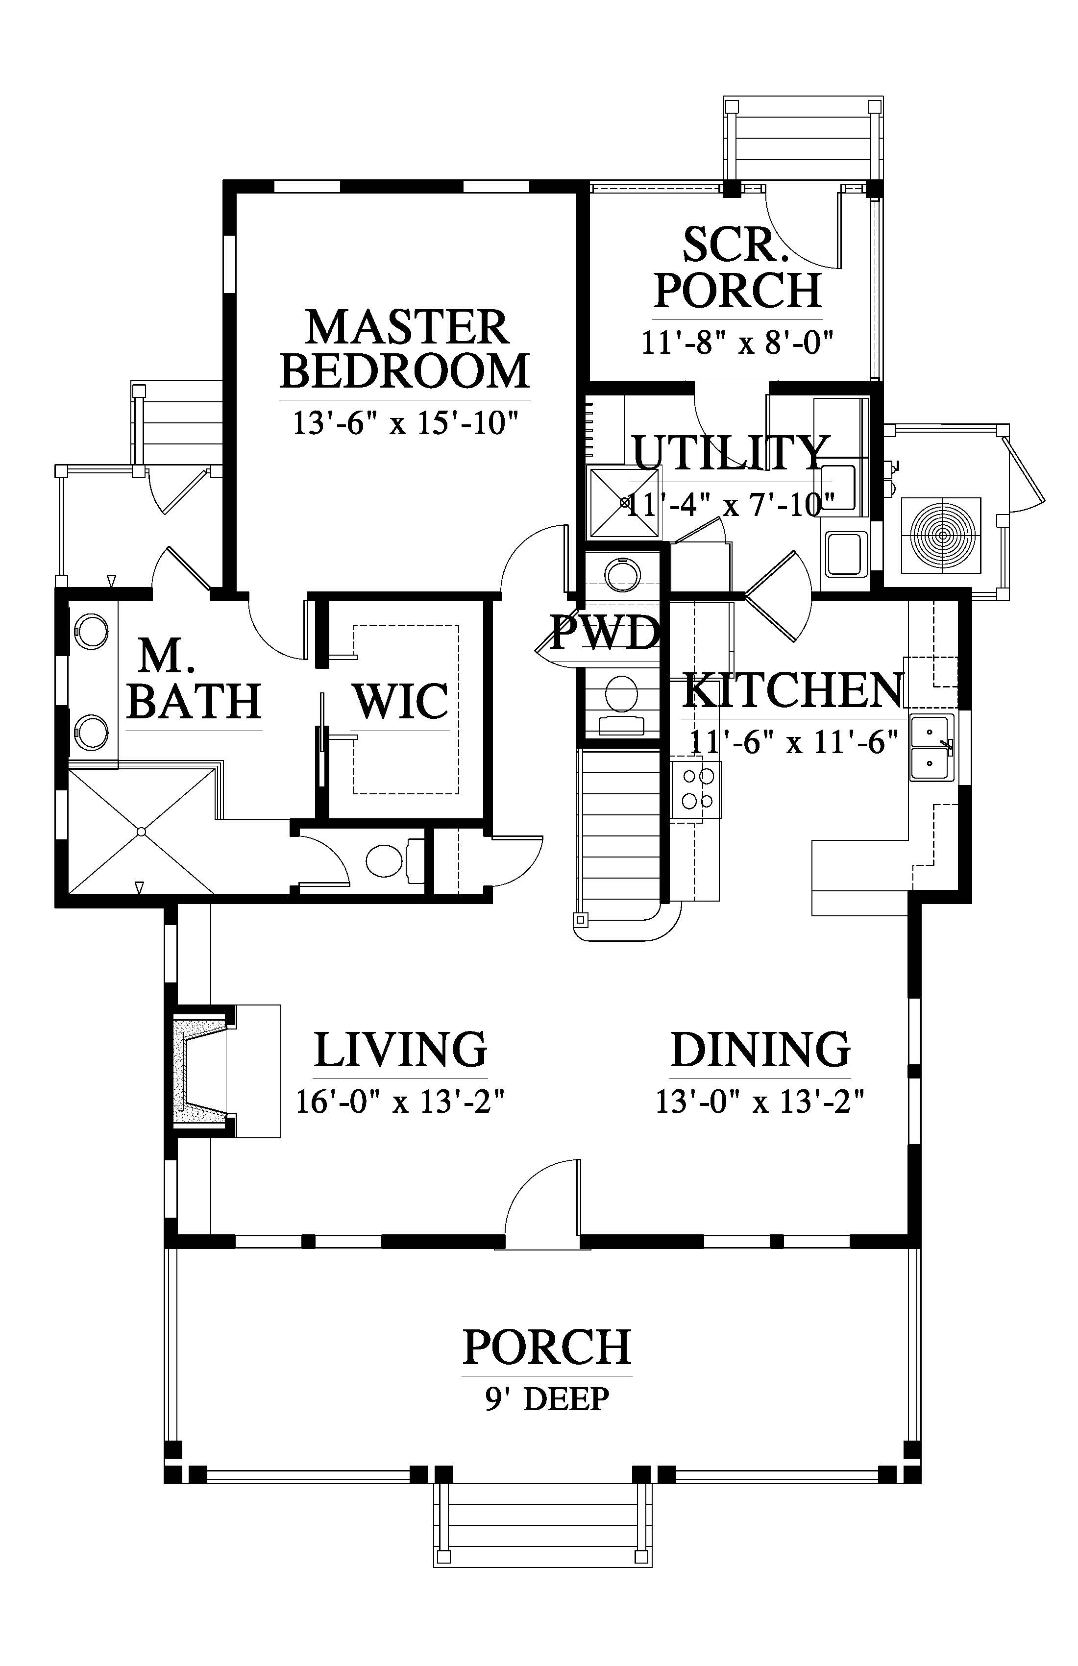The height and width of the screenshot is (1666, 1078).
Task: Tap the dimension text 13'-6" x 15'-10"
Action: click(x=405, y=423)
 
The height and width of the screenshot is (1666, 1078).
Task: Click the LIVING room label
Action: click(x=400, y=1049)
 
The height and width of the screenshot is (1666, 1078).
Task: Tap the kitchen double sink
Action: click(x=931, y=748)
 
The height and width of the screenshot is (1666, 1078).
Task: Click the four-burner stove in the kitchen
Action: click(x=696, y=789)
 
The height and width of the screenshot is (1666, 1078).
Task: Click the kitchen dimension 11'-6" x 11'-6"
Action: click(x=793, y=741)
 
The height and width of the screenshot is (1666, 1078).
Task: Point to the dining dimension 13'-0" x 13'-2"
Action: click(x=760, y=1102)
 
